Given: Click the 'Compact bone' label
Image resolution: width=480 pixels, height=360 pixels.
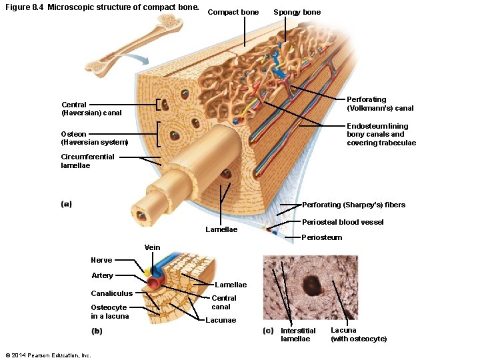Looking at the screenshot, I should coord(233,13).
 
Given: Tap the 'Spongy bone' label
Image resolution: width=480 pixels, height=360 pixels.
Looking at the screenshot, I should coord(297,13).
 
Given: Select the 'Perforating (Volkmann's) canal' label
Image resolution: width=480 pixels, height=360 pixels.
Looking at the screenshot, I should coord(380,104).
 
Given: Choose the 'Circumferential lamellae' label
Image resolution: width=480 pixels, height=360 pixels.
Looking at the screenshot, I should coord(87,161).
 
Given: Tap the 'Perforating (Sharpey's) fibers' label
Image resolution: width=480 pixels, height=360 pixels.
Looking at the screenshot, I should coord(353,205).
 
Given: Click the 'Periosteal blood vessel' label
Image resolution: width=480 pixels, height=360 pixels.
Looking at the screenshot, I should coord(343,222).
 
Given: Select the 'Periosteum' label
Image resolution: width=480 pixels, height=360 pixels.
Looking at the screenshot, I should coord(322,237).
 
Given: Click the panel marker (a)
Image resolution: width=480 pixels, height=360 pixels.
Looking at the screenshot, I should coord(66,204).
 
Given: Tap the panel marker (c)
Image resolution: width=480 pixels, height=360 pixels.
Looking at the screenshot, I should coord(268,331).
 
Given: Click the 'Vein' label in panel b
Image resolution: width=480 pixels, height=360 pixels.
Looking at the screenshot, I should coord(153,247).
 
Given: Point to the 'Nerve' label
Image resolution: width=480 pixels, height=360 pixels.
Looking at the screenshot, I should coord(101,260).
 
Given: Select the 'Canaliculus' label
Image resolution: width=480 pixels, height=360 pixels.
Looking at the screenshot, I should coord(111,293).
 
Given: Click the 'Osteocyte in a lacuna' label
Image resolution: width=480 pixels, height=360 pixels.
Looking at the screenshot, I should coord(109,311).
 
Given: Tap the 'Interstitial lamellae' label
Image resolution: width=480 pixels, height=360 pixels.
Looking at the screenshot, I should coord(298,335).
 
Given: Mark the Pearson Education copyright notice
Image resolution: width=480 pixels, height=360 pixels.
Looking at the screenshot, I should coord(47,355).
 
